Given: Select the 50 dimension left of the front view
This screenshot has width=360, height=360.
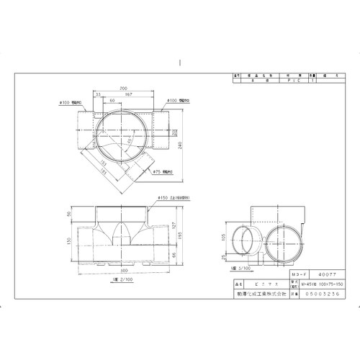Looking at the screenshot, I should pyautogui.click(x=69, y=214).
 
